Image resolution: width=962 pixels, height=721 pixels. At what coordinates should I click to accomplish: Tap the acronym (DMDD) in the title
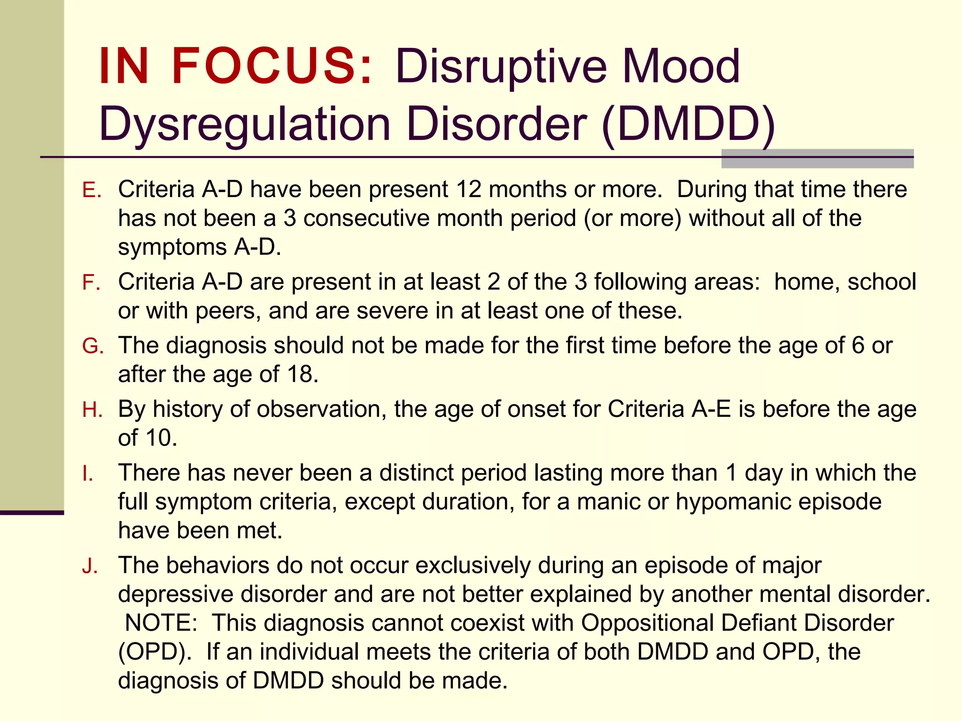pos(688,124)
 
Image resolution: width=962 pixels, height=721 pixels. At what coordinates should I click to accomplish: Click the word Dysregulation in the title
pos(244,125)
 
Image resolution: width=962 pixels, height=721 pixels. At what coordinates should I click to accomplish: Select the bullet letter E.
pos(91,191)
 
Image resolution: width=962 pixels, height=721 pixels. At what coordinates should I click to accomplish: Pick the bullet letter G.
pos(92,346)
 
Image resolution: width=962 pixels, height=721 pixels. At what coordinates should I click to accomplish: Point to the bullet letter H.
pos(92,410)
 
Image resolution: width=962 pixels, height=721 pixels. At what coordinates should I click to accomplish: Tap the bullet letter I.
pos(88,474)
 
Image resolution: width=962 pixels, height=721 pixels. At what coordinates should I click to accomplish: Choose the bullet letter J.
pos(90,567)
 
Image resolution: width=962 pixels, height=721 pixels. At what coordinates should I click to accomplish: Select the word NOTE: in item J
pos(161,623)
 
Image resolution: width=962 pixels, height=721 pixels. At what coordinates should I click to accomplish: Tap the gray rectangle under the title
pos(817,159)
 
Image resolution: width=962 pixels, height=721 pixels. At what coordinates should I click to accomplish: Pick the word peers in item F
pos(225,311)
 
